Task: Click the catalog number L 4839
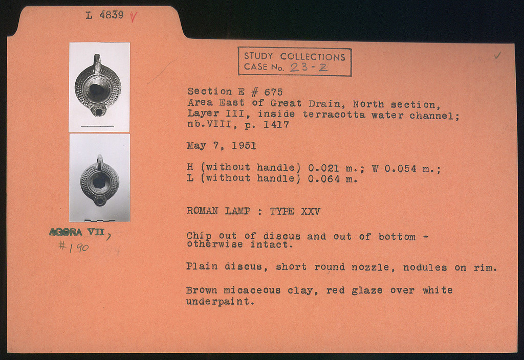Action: (x=104, y=15)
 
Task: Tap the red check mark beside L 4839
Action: (x=134, y=16)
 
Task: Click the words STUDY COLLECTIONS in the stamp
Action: (x=294, y=56)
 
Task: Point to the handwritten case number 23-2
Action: (x=309, y=67)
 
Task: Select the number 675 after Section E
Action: (x=273, y=92)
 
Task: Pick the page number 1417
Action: (x=276, y=125)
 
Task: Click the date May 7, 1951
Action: (x=221, y=146)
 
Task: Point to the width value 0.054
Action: (x=400, y=169)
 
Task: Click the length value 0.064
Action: (x=324, y=178)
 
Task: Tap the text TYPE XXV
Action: (x=295, y=211)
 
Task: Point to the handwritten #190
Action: (x=74, y=247)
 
